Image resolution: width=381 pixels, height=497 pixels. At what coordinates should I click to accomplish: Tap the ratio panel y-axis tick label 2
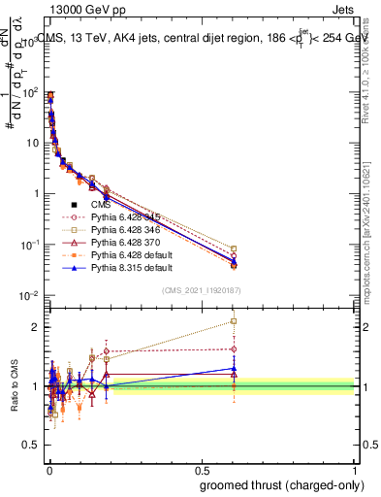point(36,327)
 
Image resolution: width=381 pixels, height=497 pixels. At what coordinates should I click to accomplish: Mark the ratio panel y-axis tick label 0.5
point(31,446)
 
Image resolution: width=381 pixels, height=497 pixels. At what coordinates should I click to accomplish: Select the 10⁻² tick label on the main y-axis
point(29,294)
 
